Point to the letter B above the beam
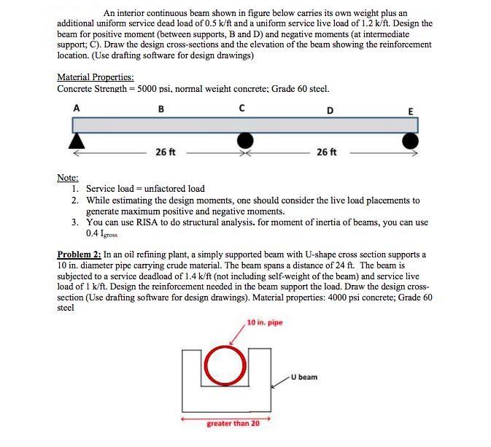(161, 109)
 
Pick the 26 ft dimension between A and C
(166, 152)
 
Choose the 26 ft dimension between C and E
(327, 152)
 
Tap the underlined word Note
(69, 177)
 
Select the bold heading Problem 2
(78, 254)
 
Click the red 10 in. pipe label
(264, 322)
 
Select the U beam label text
(304, 377)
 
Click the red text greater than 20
(233, 423)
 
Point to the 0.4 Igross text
(101, 234)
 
